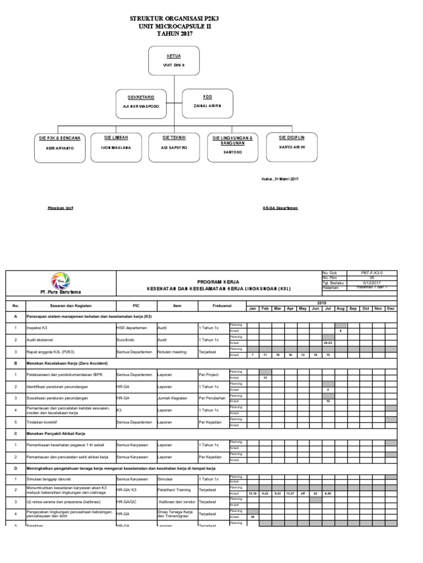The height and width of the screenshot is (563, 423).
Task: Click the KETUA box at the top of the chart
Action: click(x=173, y=62)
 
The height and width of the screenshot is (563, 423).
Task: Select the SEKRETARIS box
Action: click(x=140, y=102)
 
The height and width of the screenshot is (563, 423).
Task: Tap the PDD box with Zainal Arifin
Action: click(x=207, y=102)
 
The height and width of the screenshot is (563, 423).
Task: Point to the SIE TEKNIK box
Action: click(x=173, y=146)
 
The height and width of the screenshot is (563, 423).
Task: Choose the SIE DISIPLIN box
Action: click(x=291, y=146)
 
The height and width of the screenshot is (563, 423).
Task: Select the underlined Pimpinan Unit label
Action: click(x=60, y=208)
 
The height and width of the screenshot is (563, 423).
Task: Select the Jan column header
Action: click(x=253, y=308)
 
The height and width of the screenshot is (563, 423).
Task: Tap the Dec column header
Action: click(x=391, y=308)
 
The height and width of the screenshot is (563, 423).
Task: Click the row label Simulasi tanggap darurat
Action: click(x=45, y=480)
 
